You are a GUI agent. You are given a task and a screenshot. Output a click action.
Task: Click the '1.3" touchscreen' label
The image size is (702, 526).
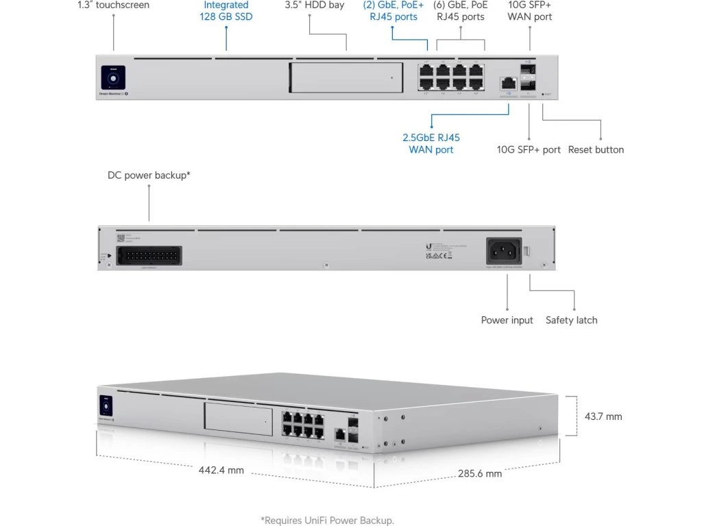[113, 5]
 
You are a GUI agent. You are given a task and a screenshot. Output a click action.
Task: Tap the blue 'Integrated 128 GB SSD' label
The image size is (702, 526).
[226, 11]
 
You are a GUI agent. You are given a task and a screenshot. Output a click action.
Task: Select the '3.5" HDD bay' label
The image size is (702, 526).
[314, 5]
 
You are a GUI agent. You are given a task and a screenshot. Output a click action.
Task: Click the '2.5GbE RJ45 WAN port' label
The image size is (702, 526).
[431, 143]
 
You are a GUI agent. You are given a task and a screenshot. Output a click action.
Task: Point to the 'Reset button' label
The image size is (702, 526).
[596, 149]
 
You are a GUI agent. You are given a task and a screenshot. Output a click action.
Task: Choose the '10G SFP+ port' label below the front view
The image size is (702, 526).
[529, 149]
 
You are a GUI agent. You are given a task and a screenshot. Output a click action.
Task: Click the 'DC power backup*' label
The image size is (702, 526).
[149, 175]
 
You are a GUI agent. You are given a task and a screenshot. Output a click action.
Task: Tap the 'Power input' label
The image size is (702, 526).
[507, 320]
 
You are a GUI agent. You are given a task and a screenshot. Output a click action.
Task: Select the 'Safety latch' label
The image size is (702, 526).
[571, 320]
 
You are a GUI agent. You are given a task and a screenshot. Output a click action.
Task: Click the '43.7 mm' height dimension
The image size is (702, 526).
[603, 416]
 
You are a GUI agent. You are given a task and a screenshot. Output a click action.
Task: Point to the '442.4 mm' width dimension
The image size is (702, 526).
[221, 471]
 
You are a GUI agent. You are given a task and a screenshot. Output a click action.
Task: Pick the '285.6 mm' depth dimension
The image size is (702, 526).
[480, 473]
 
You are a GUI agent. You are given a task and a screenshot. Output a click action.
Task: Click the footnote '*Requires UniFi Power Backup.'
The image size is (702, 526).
[328, 521]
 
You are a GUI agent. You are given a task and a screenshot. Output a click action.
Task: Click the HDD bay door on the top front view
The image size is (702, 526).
[346, 77]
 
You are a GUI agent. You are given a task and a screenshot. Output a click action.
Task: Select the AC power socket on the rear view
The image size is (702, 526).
[505, 251]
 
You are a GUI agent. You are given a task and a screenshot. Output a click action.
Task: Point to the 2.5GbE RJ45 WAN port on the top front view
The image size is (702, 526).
[508, 82]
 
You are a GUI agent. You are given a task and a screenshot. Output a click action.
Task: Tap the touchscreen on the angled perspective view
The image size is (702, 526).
[106, 403]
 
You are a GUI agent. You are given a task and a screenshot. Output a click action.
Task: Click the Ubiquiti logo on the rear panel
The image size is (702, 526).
[428, 246]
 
